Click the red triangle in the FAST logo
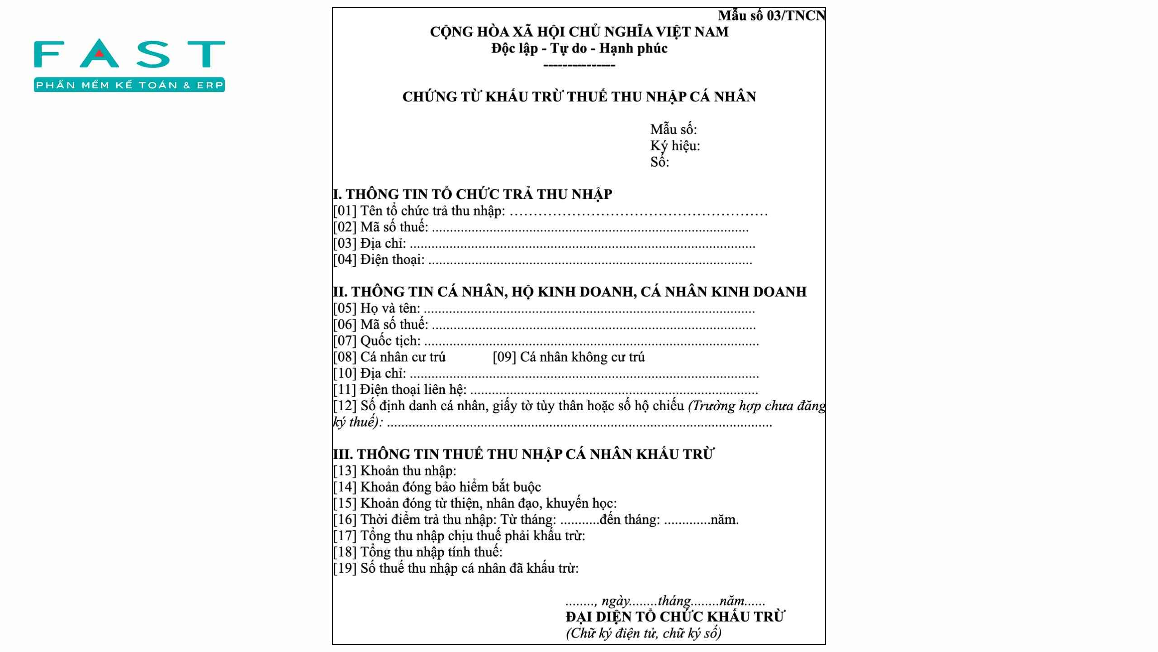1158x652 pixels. (x=100, y=55)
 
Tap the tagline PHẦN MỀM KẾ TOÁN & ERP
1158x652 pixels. (x=129, y=85)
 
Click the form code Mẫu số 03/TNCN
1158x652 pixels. (x=772, y=16)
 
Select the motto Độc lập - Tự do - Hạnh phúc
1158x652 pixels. (x=579, y=48)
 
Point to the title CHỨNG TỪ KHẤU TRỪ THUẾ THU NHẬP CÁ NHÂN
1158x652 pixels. (x=579, y=97)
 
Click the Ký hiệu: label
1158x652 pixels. (x=675, y=146)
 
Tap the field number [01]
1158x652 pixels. (x=345, y=211)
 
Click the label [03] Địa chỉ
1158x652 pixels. (x=370, y=244)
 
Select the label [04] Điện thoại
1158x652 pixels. (x=379, y=260)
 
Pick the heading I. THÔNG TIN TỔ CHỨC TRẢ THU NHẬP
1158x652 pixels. (x=473, y=194)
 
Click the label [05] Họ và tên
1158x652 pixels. (x=377, y=308)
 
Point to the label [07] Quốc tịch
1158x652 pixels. (x=377, y=341)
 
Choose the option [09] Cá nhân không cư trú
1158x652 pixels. (x=569, y=357)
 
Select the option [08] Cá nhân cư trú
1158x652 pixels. (x=389, y=357)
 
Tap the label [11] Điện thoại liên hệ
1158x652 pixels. (x=400, y=389)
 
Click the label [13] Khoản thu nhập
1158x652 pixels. (x=395, y=471)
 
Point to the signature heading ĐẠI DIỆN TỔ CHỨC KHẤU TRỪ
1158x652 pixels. (x=675, y=617)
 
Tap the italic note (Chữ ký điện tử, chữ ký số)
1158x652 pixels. (x=644, y=633)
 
